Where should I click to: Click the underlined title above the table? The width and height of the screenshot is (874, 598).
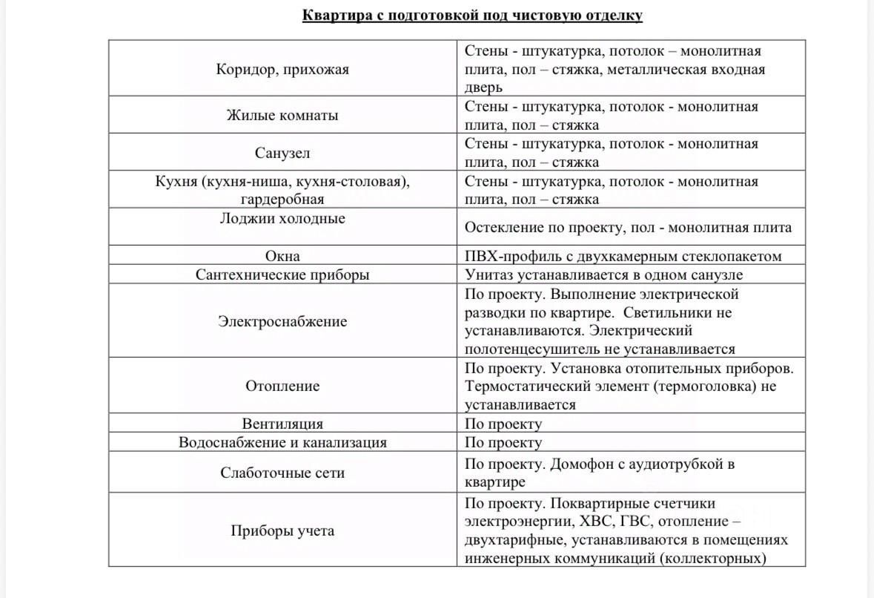tap(472, 15)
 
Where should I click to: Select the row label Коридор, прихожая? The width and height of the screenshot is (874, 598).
tap(282, 69)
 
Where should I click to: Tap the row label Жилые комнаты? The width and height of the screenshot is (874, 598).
tap(282, 115)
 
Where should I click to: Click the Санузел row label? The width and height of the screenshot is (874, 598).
tap(282, 153)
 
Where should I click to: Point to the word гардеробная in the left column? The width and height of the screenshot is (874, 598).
tap(282, 199)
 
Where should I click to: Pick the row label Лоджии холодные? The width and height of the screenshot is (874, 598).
tap(282, 218)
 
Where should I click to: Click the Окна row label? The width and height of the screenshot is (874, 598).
tap(282, 256)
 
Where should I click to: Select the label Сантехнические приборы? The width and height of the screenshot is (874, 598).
tap(282, 275)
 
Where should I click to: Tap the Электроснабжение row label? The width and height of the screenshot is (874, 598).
tap(282, 321)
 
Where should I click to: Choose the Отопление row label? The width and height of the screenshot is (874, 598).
tap(282, 386)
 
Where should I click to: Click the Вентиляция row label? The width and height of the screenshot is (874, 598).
tap(282, 424)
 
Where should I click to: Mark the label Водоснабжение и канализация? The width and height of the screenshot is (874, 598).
tap(282, 442)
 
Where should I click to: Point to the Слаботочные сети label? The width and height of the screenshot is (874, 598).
tap(282, 473)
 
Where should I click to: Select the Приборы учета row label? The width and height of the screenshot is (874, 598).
tap(282, 530)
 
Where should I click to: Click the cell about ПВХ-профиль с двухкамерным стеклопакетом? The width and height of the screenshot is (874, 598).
tap(623, 256)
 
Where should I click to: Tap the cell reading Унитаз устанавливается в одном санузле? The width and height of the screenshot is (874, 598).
tap(603, 275)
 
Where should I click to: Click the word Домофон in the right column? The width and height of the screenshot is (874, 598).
tap(582, 464)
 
